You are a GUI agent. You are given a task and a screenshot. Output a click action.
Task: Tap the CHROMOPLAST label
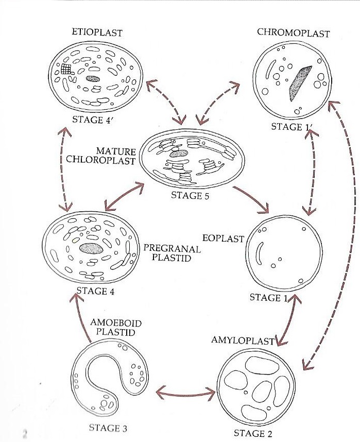click(293, 33)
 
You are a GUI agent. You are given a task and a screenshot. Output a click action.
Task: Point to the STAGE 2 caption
click(252, 433)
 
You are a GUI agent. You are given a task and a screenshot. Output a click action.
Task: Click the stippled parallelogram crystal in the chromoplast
click(299, 82)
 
